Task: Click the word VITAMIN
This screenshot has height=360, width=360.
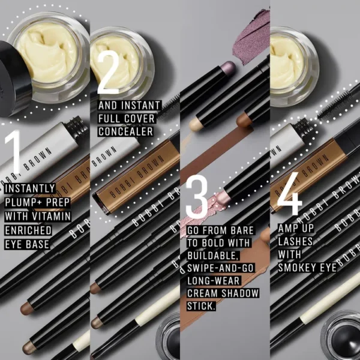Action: pyautogui.click(x=52, y=215)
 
